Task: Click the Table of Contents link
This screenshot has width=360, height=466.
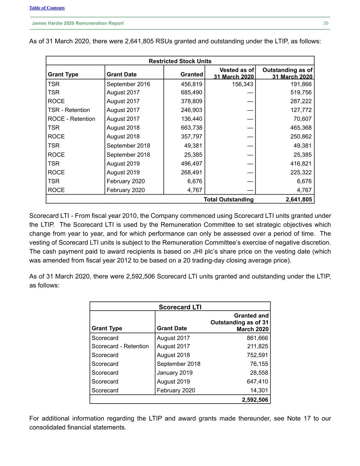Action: click(47, 8)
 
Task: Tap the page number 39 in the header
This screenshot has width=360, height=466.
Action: click(326, 23)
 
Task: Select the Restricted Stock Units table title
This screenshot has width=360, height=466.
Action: click(180, 61)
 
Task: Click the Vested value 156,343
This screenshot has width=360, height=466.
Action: click(243, 84)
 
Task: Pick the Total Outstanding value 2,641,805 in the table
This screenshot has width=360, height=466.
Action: click(299, 199)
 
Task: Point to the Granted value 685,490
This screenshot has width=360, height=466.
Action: click(191, 92)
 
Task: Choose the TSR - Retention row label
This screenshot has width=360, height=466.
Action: click(69, 110)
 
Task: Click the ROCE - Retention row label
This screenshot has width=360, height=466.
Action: click(71, 119)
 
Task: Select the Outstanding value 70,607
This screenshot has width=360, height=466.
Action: click(302, 119)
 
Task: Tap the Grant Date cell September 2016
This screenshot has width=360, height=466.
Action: click(128, 84)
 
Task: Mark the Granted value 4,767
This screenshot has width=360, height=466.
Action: click(195, 190)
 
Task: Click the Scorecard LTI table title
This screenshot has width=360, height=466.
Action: click(180, 307)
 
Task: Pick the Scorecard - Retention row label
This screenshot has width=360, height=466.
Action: click(120, 346)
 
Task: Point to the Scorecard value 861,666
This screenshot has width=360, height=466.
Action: click(257, 338)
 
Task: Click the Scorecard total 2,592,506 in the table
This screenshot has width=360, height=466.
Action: click(255, 400)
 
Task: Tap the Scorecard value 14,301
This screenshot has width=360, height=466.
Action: click(259, 390)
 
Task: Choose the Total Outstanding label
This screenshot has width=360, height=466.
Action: click(229, 199)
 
